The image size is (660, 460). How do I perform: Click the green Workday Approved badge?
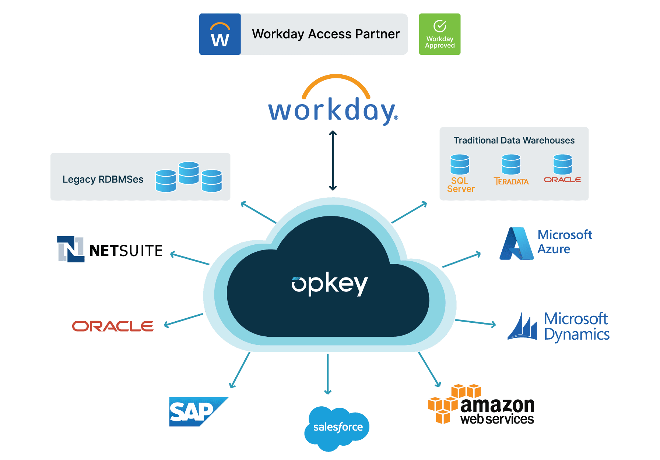[439, 34]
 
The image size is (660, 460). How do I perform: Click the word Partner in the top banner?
[378, 34]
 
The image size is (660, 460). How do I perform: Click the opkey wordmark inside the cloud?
[330, 284]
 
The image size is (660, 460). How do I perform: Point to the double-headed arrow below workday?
[333, 160]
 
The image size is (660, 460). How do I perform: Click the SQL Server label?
[460, 185]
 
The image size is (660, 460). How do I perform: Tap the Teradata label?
[511, 181]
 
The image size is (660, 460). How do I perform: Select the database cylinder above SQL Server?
[460, 164]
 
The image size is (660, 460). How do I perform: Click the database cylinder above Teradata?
[511, 164]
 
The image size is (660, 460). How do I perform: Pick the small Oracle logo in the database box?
[562, 180]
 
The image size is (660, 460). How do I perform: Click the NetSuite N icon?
[71, 249]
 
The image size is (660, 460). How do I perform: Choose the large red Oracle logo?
[113, 326]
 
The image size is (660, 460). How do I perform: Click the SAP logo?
[195, 411]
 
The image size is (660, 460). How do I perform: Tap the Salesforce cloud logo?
[337, 428]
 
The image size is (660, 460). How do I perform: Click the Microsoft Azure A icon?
[517, 244]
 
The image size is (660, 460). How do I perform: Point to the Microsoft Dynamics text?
[576, 326]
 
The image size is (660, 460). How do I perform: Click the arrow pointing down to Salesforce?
[328, 374]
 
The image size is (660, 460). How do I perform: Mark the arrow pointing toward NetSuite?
[190, 259]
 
